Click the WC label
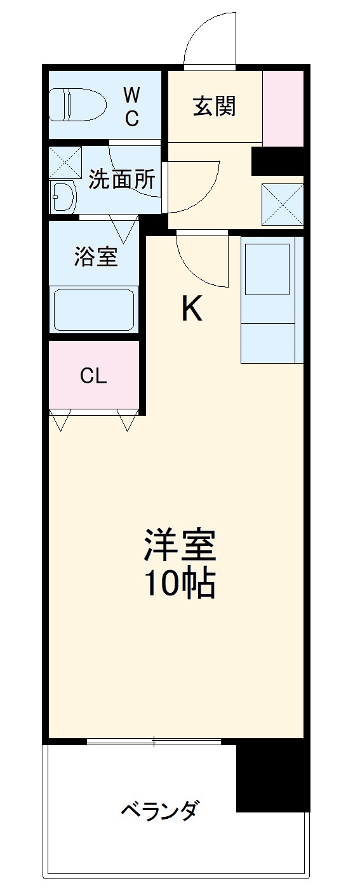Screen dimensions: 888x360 point(131,107)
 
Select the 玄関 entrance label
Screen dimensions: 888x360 point(215,106)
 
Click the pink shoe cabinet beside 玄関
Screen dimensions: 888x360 point(283,108)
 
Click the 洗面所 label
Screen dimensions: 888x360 point(121,180)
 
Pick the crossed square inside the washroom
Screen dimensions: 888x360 point(65,162)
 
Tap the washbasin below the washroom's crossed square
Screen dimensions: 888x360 point(63,198)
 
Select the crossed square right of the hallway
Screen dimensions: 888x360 point(282,204)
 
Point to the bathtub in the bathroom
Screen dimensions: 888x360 point(94,308)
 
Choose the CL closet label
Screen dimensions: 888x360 point(93,376)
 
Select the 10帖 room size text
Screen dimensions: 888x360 point(180,585)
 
